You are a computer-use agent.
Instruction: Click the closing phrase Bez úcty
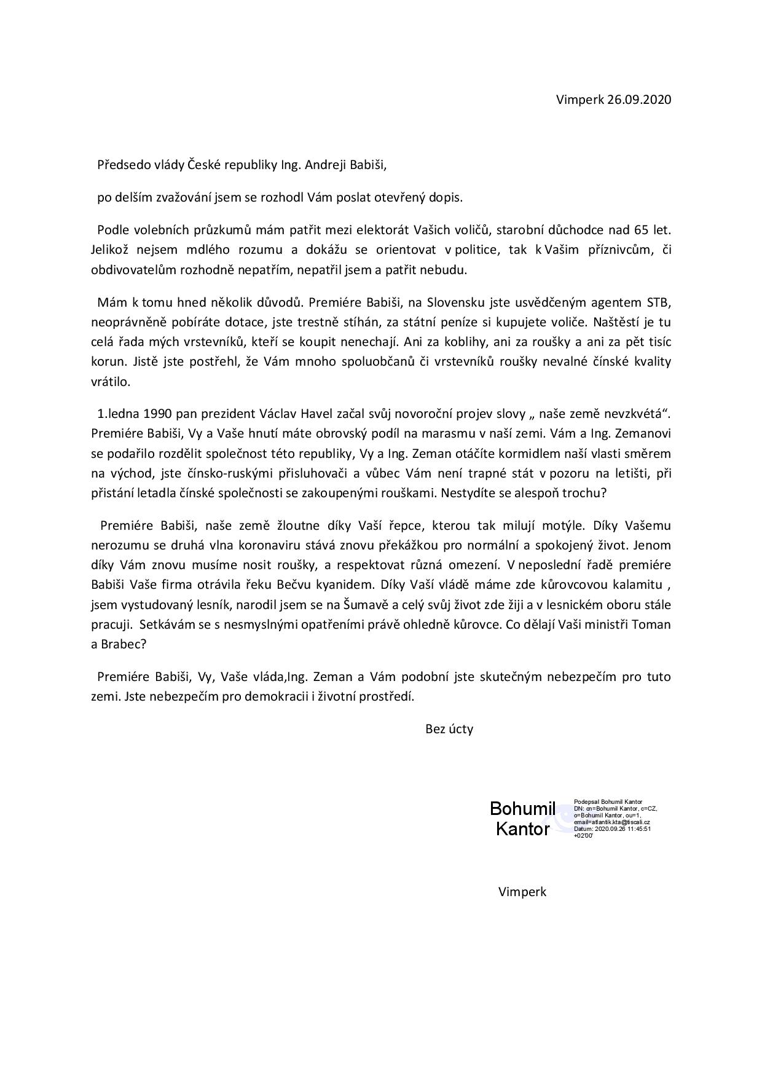click(x=449, y=730)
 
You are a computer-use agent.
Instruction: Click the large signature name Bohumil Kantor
click(x=523, y=819)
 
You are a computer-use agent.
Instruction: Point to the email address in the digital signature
click(x=612, y=822)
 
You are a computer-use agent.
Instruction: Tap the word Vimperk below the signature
click(x=522, y=892)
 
